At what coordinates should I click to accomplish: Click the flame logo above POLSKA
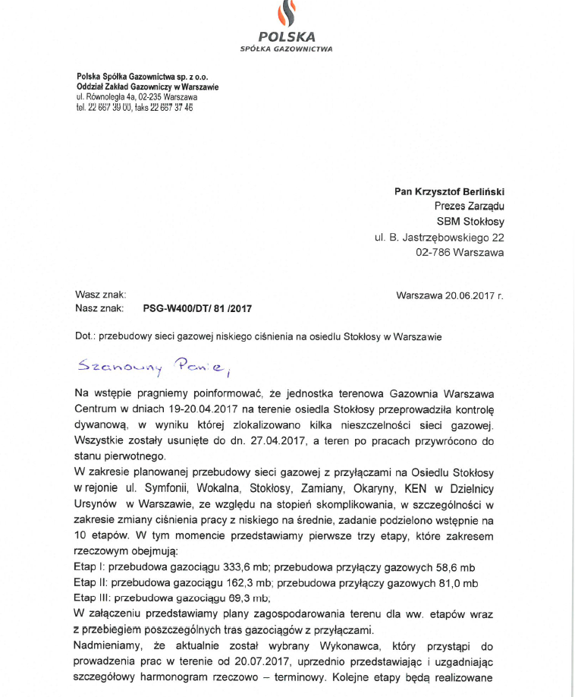pyautogui.click(x=287, y=13)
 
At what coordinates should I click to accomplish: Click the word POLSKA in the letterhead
pyautogui.click(x=287, y=36)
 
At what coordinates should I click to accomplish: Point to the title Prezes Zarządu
pyautogui.click(x=469, y=207)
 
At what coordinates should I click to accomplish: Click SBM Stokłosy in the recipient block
pyautogui.click(x=470, y=222)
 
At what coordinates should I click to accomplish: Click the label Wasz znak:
pyautogui.click(x=95, y=295)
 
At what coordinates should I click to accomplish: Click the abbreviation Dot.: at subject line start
pyautogui.click(x=84, y=336)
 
